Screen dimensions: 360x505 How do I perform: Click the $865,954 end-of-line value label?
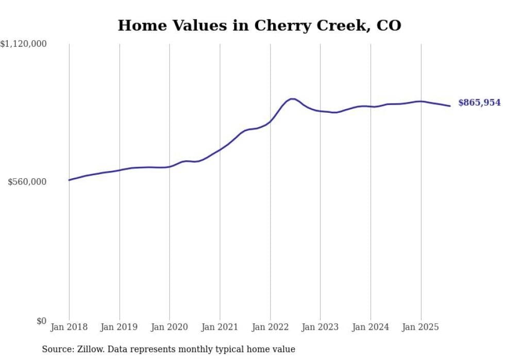point(479,102)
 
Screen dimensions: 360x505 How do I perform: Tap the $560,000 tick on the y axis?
point(27,182)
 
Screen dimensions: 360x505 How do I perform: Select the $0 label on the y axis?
point(41,321)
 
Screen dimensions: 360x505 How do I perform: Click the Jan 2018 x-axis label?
point(69,327)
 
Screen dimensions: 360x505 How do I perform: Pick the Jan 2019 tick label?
point(120,327)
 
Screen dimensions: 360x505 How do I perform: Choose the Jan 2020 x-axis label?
point(170,327)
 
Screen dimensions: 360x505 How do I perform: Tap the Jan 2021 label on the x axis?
point(220,327)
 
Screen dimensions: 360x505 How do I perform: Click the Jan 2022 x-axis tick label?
point(270,327)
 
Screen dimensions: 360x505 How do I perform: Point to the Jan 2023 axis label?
point(320,327)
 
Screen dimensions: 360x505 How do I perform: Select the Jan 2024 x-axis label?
point(371,327)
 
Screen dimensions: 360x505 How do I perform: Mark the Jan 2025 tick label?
point(420,327)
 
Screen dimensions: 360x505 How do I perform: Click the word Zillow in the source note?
point(90,349)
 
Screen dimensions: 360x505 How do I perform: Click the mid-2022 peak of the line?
point(292,98)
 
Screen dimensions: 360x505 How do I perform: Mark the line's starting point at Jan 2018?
point(69,180)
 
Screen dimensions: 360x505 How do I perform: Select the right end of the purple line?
point(450,106)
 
